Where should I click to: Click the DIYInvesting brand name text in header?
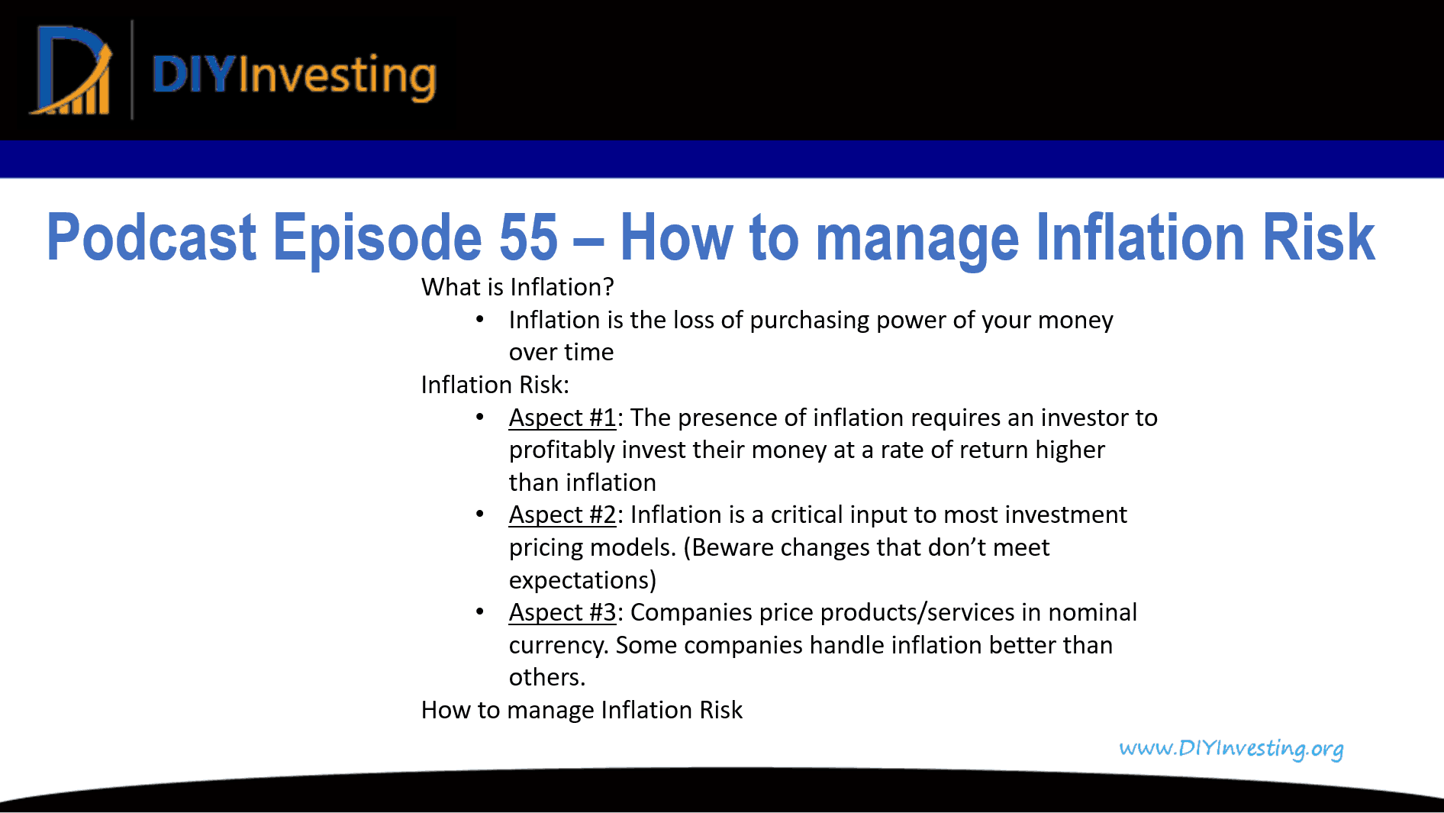(x=294, y=76)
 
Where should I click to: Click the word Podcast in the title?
(x=151, y=237)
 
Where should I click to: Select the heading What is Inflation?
(x=517, y=287)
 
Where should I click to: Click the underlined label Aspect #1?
(x=562, y=418)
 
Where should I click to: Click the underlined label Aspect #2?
(x=562, y=515)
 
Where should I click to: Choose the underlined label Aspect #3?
(x=562, y=612)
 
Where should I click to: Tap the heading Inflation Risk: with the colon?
(x=495, y=385)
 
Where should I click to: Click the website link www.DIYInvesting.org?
(x=1230, y=748)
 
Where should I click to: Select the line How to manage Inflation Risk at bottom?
(x=582, y=710)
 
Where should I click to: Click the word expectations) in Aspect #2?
(x=582, y=580)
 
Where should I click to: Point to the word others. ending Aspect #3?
(x=546, y=677)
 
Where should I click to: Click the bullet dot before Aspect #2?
(x=479, y=515)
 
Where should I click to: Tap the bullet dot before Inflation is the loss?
(x=479, y=320)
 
